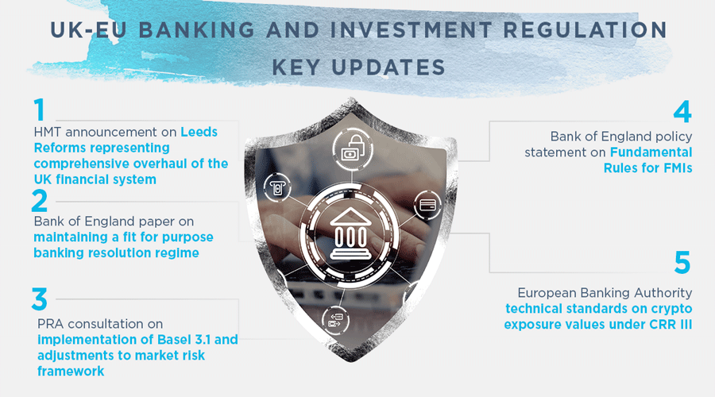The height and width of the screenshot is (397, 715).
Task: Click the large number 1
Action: click(x=40, y=110)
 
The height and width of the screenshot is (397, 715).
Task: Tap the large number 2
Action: click(x=39, y=201)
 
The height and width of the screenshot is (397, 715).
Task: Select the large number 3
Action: click(x=39, y=299)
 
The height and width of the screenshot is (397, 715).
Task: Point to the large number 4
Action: click(x=682, y=112)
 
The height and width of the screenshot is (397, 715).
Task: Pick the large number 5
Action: click(x=682, y=262)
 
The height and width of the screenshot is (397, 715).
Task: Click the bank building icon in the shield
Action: click(x=350, y=233)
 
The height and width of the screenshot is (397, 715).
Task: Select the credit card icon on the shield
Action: click(x=427, y=205)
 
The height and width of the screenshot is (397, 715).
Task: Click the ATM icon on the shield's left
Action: click(x=276, y=187)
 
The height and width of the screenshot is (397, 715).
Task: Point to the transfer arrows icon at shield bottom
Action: click(x=335, y=320)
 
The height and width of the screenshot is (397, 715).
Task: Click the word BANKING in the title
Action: click(x=196, y=30)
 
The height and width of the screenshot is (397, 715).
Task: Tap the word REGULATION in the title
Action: click(x=586, y=30)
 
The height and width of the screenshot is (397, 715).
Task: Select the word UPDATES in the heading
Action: click(x=388, y=67)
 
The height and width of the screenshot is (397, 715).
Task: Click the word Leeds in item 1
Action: click(x=199, y=132)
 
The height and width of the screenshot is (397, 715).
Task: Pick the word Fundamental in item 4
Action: click(x=651, y=152)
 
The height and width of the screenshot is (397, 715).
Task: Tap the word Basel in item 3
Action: click(x=172, y=340)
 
